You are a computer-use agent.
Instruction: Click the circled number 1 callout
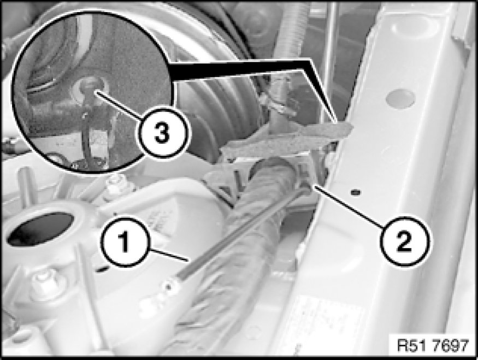coord(125,241)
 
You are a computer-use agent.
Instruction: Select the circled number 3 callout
coord(162,133)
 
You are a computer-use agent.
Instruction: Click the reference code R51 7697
coord(433,346)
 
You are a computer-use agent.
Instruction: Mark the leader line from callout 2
coord(348,206)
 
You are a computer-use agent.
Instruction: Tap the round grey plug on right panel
coord(400,98)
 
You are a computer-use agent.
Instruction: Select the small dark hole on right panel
coord(354,192)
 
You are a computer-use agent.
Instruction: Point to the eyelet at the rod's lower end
coord(168,286)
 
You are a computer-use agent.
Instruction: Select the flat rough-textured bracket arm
coord(287,140)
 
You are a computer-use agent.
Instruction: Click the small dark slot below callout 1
coord(103,269)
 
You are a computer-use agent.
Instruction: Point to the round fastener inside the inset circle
coord(89,87)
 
